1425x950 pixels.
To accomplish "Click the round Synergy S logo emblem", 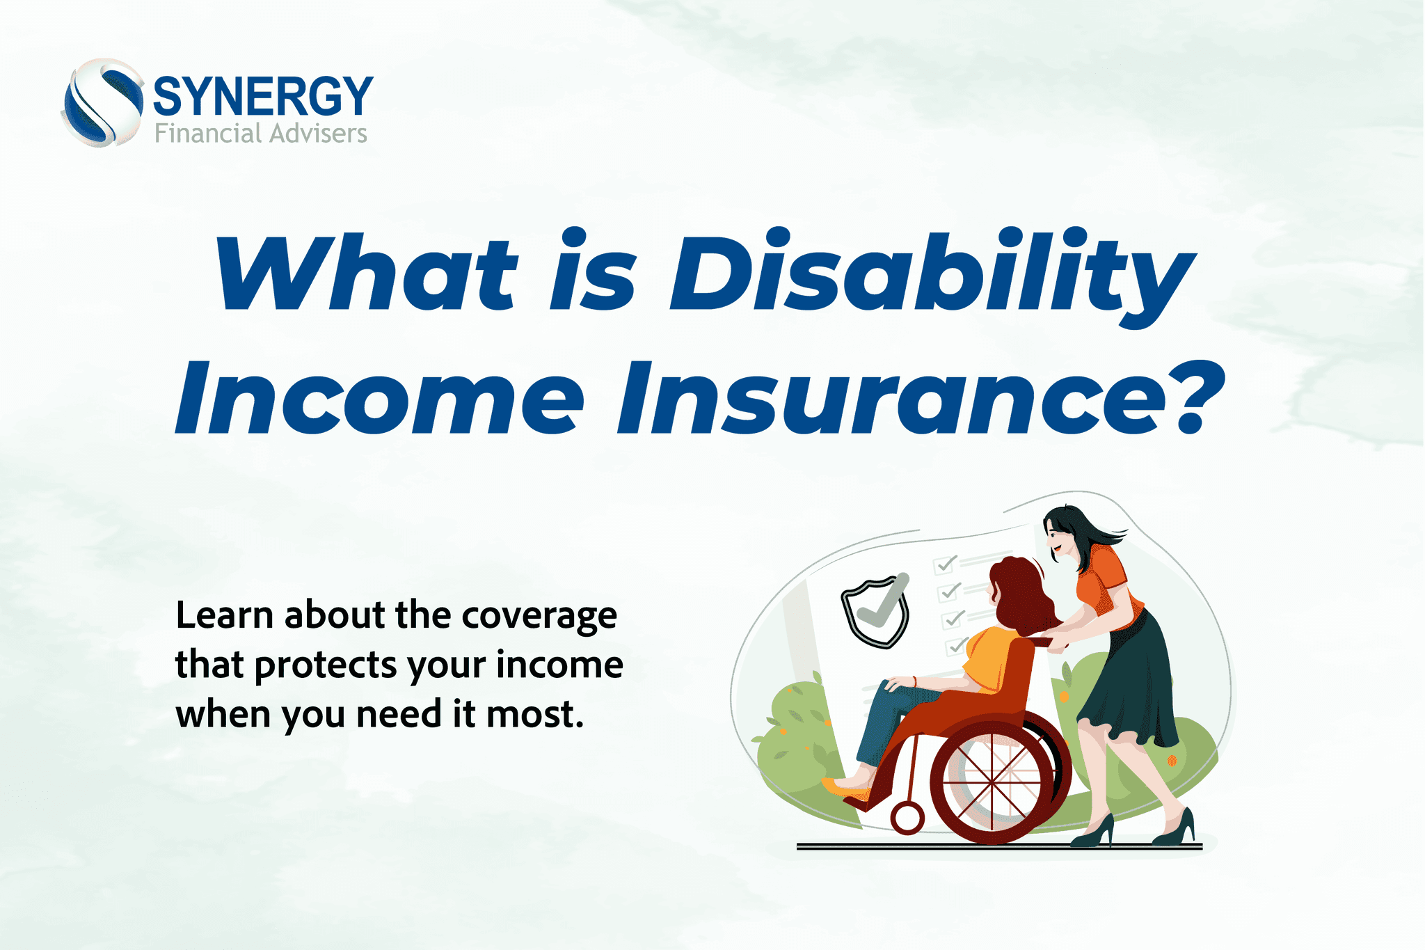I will pos(103,103).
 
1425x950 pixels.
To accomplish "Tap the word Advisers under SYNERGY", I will pos(318,133).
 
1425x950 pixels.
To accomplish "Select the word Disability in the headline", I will pos(930,273).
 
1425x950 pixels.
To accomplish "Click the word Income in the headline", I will pos(380,398).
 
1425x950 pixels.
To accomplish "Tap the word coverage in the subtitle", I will pos(539,615).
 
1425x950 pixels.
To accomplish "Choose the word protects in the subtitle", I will pos(326,665).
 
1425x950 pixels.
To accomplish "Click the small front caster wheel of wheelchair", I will pos(907,818).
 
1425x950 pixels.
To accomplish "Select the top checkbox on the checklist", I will pos(944,564).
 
